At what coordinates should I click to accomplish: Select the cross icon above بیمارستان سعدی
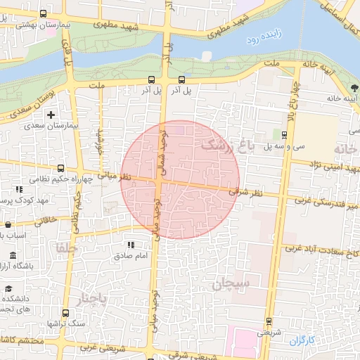point(51,114)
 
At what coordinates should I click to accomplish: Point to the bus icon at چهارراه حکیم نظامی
point(60,169)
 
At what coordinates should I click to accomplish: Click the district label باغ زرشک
point(225,146)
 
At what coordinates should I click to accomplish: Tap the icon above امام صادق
point(131,245)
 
